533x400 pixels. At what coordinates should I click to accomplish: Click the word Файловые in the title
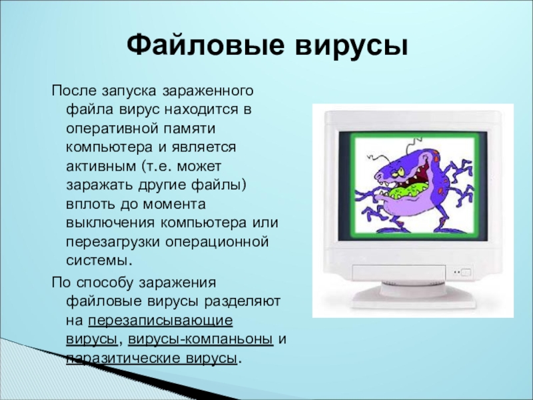(205, 45)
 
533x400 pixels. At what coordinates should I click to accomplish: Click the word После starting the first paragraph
(73, 91)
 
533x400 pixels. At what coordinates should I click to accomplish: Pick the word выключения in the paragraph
(110, 223)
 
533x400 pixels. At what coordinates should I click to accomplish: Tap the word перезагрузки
(113, 243)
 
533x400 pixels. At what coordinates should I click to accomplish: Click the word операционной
(217, 243)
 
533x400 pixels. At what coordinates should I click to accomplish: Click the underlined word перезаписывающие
(161, 321)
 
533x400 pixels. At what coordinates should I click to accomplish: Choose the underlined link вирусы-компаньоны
(201, 340)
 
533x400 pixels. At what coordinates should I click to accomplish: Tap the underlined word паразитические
(123, 359)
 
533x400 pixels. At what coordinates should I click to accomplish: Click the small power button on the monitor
(466, 273)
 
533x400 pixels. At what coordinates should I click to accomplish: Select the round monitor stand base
(415, 297)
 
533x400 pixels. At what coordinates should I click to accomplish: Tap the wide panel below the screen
(399, 273)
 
